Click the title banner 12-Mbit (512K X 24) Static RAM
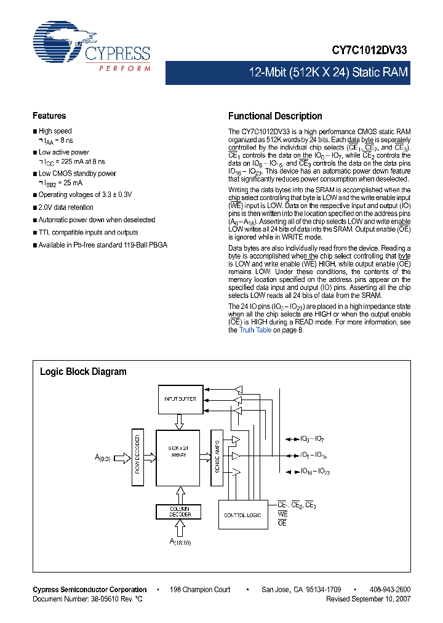(x=328, y=73)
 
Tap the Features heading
(x=49, y=116)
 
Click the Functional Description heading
(x=275, y=116)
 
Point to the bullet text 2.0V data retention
(x=66, y=207)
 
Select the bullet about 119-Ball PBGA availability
(x=102, y=245)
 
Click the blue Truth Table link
(x=255, y=330)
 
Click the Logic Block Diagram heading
(x=83, y=372)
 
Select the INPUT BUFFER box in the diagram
(x=180, y=399)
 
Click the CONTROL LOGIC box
(x=242, y=514)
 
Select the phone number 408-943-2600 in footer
(x=391, y=590)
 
